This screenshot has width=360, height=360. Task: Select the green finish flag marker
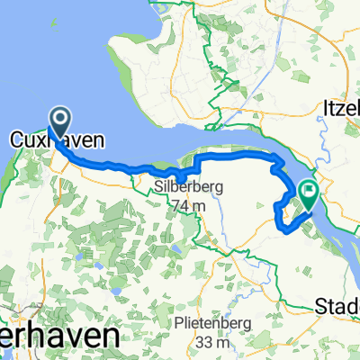coord(309,192)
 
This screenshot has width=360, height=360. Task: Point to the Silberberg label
coord(188,186)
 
